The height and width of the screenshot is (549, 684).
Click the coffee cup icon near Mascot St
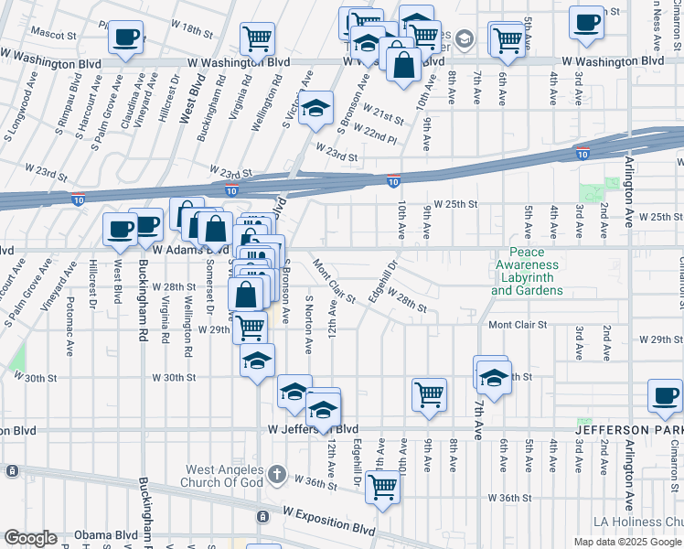click(x=125, y=38)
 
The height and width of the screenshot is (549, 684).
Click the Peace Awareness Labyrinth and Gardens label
click(x=527, y=272)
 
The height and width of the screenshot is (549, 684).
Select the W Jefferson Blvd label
click(x=313, y=429)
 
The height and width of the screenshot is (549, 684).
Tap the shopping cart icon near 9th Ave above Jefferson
click(x=429, y=394)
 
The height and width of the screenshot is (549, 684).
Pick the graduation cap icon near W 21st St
click(x=315, y=107)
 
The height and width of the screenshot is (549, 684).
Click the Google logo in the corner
click(x=30, y=538)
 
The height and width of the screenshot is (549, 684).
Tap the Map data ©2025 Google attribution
click(x=627, y=542)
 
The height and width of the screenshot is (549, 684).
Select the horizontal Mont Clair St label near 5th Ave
click(x=517, y=325)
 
